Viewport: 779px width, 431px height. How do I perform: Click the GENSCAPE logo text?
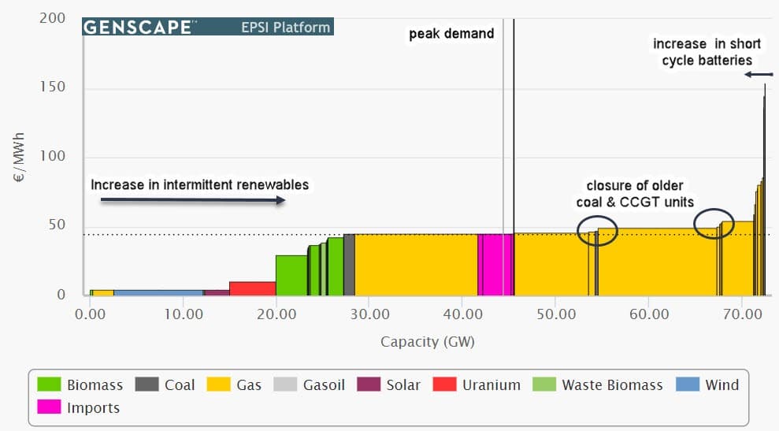[x=138, y=27]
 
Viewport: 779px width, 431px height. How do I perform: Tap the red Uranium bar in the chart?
[x=252, y=288]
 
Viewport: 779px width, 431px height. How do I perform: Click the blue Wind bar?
[x=158, y=292]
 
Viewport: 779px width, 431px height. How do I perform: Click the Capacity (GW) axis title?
[x=428, y=341]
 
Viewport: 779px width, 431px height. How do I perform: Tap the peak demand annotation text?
[x=451, y=34]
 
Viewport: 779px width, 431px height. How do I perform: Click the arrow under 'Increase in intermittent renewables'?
[x=193, y=201]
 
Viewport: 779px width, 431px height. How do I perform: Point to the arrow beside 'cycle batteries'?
[x=759, y=75]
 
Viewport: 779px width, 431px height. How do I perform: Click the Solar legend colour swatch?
[x=368, y=385]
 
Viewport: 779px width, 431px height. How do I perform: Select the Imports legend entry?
[x=93, y=408]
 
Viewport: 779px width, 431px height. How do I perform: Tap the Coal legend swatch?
[x=147, y=385]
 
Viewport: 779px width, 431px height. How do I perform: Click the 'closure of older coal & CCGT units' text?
[x=635, y=193]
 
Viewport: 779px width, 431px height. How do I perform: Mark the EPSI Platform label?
[x=285, y=28]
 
